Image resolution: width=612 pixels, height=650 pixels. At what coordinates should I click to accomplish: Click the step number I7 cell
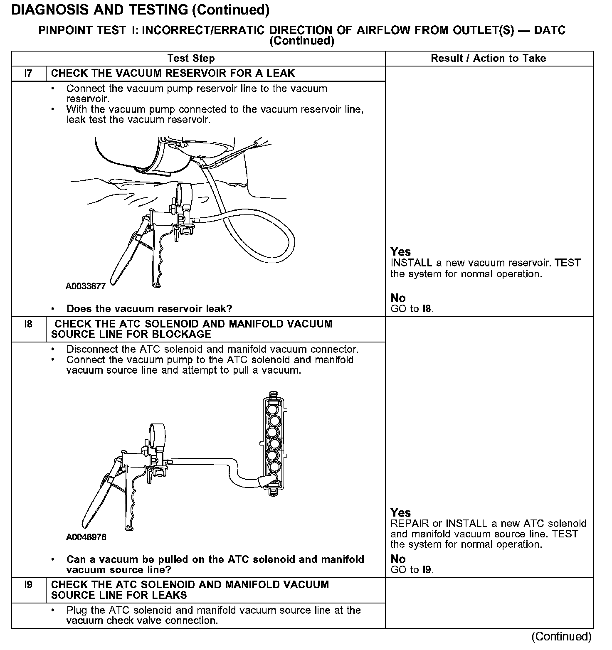(x=28, y=74)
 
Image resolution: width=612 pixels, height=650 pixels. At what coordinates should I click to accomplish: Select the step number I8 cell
(x=28, y=324)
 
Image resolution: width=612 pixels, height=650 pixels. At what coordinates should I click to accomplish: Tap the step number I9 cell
(x=28, y=585)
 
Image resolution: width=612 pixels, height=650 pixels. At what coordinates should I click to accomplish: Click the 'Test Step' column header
(x=191, y=59)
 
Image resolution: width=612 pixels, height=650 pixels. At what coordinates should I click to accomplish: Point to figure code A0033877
(x=86, y=286)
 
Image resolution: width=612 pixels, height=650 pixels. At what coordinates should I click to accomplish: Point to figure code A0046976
(x=86, y=537)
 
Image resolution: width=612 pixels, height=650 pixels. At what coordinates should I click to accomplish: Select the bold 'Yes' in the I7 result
(x=401, y=252)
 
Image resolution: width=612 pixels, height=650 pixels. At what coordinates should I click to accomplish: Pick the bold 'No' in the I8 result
(x=398, y=559)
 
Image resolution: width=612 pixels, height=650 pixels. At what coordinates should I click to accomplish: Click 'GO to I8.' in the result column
(x=412, y=309)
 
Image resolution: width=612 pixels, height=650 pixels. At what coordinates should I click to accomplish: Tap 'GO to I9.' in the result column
(x=412, y=570)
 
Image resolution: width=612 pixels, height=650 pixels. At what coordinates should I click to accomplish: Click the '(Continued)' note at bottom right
(x=561, y=636)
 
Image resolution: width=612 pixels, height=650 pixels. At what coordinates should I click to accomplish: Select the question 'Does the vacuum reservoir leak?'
(x=149, y=309)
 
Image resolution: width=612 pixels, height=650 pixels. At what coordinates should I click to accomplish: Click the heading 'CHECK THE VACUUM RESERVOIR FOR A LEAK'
(x=173, y=74)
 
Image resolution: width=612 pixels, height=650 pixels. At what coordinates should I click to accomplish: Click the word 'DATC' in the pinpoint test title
(x=550, y=30)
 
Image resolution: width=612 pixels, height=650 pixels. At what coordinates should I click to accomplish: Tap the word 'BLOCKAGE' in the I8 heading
(x=187, y=335)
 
